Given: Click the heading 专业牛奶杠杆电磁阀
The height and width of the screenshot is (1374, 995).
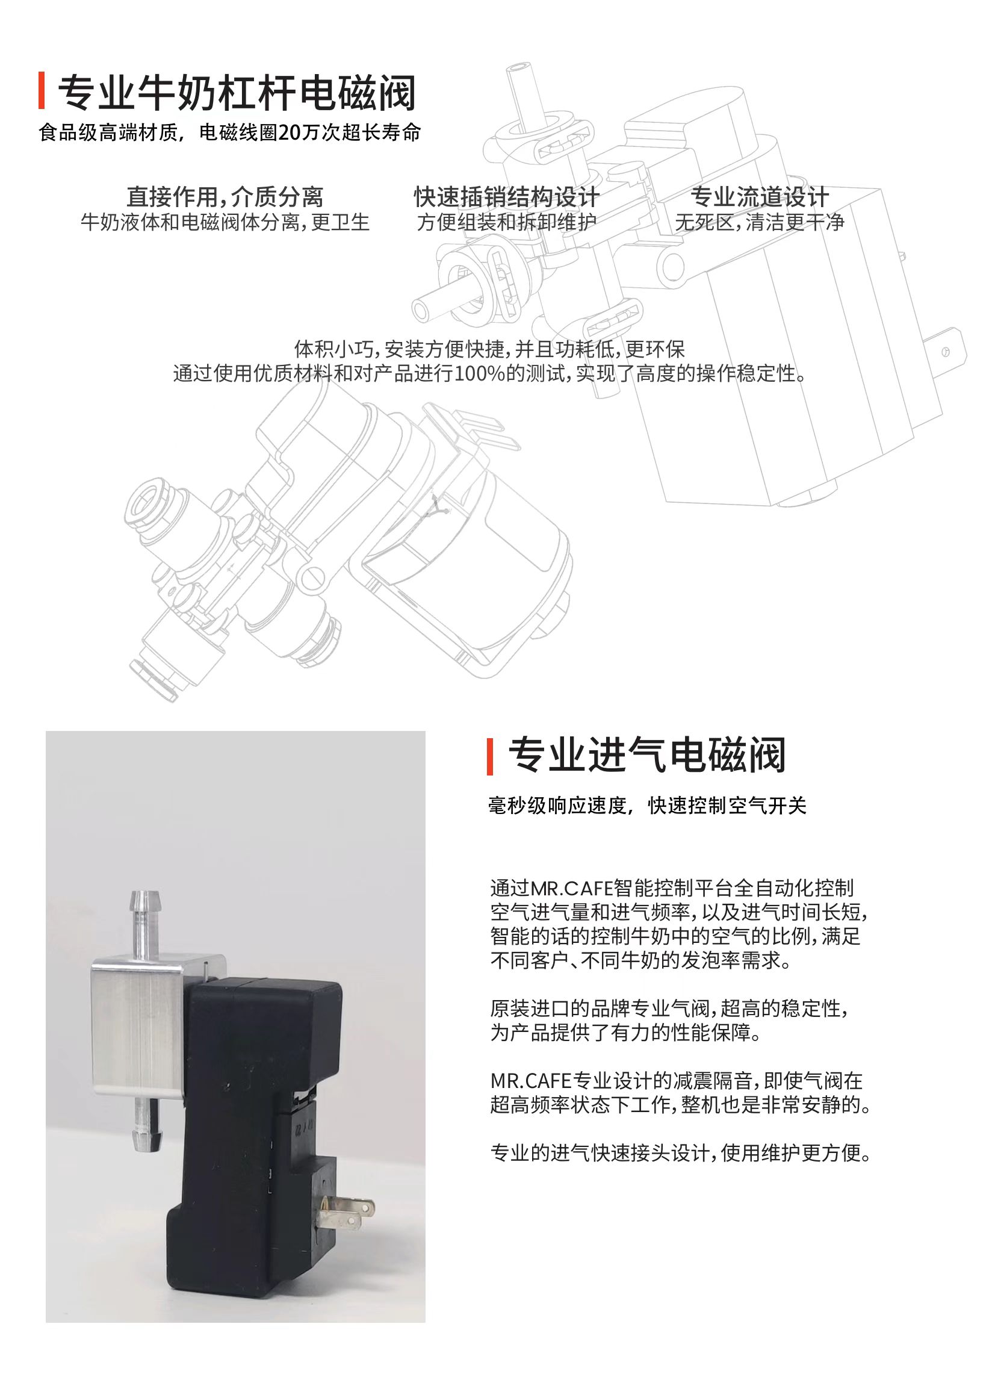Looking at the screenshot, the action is pyautogui.click(x=236, y=93).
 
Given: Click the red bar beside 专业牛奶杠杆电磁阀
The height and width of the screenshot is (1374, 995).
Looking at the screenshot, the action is pyautogui.click(x=41, y=92).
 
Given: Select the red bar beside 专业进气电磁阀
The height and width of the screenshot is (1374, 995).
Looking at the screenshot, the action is pyautogui.click(x=490, y=757).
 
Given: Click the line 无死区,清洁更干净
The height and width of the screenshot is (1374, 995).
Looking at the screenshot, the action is pyautogui.click(x=760, y=223).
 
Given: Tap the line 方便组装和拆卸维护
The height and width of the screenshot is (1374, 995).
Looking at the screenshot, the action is pyautogui.click(x=506, y=223).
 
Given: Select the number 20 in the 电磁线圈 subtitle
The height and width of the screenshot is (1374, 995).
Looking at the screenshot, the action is pyautogui.click(x=288, y=132).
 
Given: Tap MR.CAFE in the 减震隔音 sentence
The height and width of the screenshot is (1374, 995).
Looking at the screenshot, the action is pyautogui.click(x=531, y=1081).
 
